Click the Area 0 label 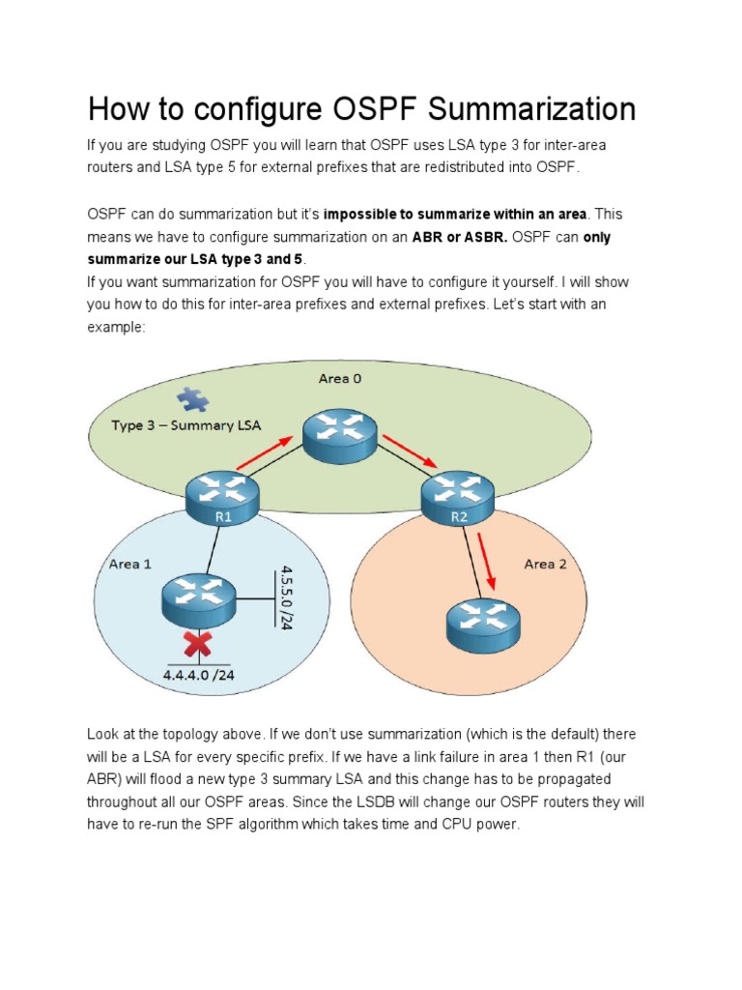click(340, 378)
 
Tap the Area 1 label click(124, 564)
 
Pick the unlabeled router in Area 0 click(339, 435)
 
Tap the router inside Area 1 click(198, 599)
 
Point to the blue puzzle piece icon click(193, 399)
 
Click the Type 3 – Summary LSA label click(185, 425)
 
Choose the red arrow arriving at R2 click(409, 451)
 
